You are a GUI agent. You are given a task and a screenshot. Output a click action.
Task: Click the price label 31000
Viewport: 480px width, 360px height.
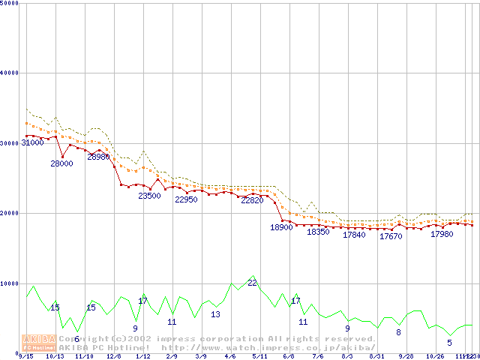tap(32, 142)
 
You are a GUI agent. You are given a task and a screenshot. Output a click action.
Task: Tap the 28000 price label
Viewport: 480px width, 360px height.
tap(61, 163)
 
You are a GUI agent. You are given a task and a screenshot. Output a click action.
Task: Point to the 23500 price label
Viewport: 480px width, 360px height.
tap(149, 196)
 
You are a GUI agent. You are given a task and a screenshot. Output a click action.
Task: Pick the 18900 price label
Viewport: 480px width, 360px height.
tap(281, 227)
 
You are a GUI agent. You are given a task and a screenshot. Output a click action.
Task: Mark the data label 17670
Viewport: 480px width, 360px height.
tap(391, 236)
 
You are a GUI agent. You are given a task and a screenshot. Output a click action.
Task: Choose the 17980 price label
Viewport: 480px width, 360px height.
tap(442, 234)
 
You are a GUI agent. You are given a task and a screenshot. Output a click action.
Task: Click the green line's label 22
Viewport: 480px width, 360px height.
tap(253, 283)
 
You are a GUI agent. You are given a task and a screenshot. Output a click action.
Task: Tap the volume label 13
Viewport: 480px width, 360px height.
tap(215, 314)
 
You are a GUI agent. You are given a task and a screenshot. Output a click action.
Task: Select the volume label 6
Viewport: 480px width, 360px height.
tap(76, 340)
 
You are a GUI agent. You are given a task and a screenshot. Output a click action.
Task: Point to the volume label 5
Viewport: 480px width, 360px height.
tap(449, 343)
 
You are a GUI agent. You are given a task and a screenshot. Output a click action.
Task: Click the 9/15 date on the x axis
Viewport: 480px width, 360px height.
tap(25, 356)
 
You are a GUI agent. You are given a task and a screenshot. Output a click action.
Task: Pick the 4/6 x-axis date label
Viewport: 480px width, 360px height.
tap(229, 356)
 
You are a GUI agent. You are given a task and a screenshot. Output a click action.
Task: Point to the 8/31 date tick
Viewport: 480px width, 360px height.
tap(376, 356)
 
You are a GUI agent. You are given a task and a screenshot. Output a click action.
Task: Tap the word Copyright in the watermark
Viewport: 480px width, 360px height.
tap(81, 338)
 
